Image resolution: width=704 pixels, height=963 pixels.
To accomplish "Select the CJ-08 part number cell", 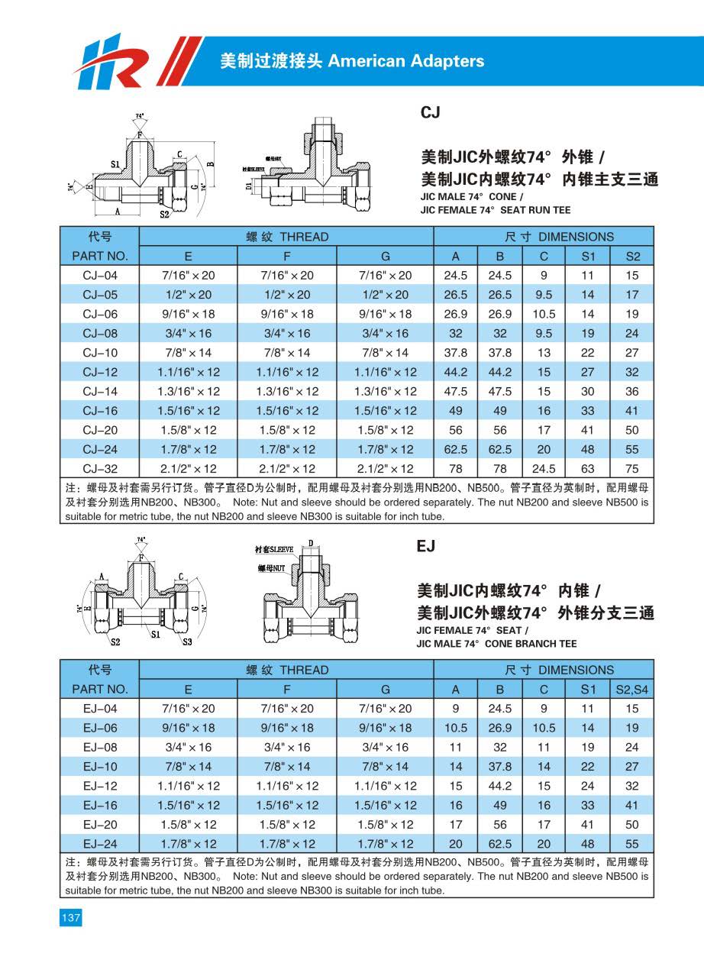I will tap(100, 333).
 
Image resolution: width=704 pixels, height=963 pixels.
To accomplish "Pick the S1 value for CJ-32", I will tap(588, 468).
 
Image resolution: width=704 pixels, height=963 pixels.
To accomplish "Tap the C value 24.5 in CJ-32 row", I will tap(544, 468).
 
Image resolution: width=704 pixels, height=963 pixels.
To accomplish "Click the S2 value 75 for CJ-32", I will tap(632, 468).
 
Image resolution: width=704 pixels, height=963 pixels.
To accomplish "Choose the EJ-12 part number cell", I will tap(100, 786).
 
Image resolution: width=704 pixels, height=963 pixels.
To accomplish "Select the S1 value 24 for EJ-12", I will tap(588, 786).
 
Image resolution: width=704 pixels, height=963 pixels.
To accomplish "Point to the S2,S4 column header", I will tap(632, 689).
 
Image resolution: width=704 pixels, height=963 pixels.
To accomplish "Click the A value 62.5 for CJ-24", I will tap(456, 449).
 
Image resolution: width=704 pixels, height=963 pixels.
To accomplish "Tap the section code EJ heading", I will tap(426, 547).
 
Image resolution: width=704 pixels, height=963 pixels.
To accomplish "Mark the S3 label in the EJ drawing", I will tap(187, 641).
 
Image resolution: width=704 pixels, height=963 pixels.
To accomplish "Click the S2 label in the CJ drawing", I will tap(163, 215).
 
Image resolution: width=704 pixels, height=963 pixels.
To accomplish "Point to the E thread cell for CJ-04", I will tap(189, 275).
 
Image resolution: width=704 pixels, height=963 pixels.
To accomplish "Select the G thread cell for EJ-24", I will tap(386, 844).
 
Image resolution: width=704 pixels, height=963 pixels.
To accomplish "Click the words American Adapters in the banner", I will tap(405, 61).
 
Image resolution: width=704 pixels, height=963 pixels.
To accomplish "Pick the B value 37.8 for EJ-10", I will tap(500, 766).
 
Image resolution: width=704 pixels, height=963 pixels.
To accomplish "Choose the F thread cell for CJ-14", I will tap(288, 391).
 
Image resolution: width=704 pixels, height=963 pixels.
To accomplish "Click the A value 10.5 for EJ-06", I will tap(456, 728).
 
